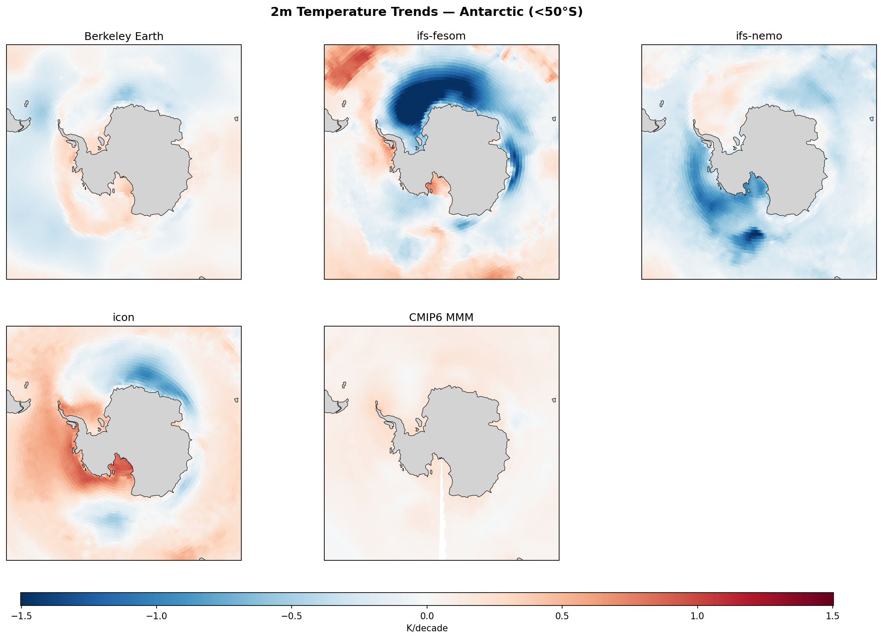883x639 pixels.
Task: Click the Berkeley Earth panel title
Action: [x=124, y=37]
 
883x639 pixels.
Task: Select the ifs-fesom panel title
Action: [x=441, y=37]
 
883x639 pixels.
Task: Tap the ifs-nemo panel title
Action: [x=759, y=37]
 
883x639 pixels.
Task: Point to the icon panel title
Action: [x=124, y=318]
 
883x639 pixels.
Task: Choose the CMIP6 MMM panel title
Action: [x=441, y=318]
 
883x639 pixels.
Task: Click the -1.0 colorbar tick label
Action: [x=156, y=616]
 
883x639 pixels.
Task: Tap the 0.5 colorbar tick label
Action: [x=562, y=616]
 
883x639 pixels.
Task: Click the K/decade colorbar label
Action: [x=427, y=628]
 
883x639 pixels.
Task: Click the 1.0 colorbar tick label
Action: [x=697, y=616]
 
